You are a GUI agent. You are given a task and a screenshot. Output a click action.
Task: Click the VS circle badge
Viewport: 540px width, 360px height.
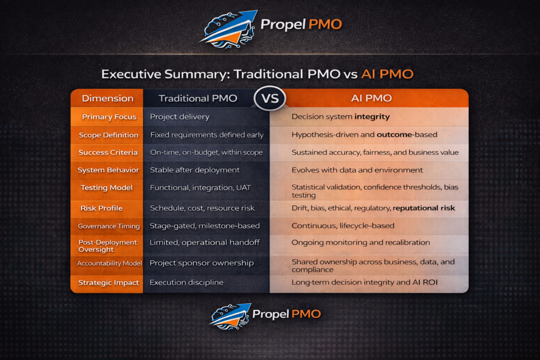click(x=270, y=99)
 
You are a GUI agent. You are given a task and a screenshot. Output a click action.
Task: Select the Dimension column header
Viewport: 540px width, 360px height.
click(x=108, y=99)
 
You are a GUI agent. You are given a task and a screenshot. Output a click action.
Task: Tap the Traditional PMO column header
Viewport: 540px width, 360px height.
click(x=198, y=99)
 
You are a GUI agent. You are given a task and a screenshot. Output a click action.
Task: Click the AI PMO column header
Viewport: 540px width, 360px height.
click(x=371, y=99)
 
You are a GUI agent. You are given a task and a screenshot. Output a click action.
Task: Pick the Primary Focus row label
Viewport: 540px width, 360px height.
click(x=109, y=117)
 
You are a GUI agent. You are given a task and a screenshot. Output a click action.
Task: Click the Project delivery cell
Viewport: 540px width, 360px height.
click(x=180, y=117)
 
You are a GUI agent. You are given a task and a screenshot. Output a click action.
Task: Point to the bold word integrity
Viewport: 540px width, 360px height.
click(x=372, y=117)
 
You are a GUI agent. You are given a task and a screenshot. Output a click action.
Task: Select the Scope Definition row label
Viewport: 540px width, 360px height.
click(x=109, y=135)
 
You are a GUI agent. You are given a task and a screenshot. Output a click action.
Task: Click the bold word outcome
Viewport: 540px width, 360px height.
click(x=394, y=134)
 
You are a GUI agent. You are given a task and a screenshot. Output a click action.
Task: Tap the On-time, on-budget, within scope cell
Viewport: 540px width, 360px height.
click(x=206, y=152)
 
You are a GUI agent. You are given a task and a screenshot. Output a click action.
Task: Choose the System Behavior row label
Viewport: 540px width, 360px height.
click(x=108, y=170)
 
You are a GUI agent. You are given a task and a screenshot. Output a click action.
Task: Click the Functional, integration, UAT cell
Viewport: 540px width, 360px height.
click(x=200, y=188)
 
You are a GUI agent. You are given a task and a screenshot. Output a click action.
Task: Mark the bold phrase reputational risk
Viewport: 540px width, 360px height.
click(x=423, y=208)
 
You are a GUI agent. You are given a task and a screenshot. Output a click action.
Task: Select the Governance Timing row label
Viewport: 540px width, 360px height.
click(x=109, y=226)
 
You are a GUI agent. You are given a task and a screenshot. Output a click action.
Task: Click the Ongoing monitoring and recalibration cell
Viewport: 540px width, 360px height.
click(x=361, y=242)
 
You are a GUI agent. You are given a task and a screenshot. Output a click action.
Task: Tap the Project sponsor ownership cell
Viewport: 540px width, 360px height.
click(x=201, y=263)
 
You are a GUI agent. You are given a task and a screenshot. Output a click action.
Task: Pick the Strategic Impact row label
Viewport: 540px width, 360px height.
click(x=109, y=283)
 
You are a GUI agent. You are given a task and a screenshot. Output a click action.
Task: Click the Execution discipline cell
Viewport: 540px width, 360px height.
click(x=186, y=283)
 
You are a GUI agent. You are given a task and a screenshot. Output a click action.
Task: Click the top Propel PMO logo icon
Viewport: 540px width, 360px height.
click(x=229, y=30)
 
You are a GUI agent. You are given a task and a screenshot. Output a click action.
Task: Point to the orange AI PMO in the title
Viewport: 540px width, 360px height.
click(x=387, y=74)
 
